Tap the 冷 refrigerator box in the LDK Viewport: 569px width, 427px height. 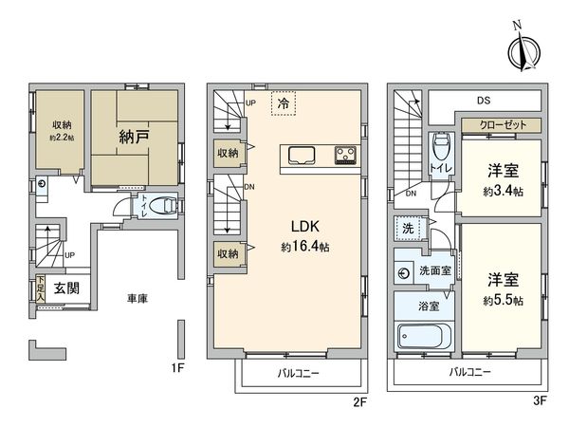[284, 103]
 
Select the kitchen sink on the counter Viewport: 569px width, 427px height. [302, 157]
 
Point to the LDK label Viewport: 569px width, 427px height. [304, 227]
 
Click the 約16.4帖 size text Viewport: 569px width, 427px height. [304, 247]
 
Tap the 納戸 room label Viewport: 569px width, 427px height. [134, 137]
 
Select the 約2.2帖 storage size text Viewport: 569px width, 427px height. [62, 138]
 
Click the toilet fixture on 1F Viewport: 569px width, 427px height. [164, 206]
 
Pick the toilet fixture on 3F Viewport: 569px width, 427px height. [441, 146]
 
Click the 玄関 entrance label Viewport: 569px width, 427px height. [66, 288]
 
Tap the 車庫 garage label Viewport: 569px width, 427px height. [138, 299]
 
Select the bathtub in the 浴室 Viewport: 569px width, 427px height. [424, 336]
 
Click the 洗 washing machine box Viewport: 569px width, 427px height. [408, 229]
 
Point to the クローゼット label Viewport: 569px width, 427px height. [503, 125]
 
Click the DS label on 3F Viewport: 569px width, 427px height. [484, 101]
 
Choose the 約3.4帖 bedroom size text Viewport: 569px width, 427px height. [503, 192]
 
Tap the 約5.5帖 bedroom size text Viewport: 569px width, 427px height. [503, 300]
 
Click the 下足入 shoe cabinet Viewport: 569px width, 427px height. [40, 288]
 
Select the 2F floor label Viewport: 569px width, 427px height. [360, 402]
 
